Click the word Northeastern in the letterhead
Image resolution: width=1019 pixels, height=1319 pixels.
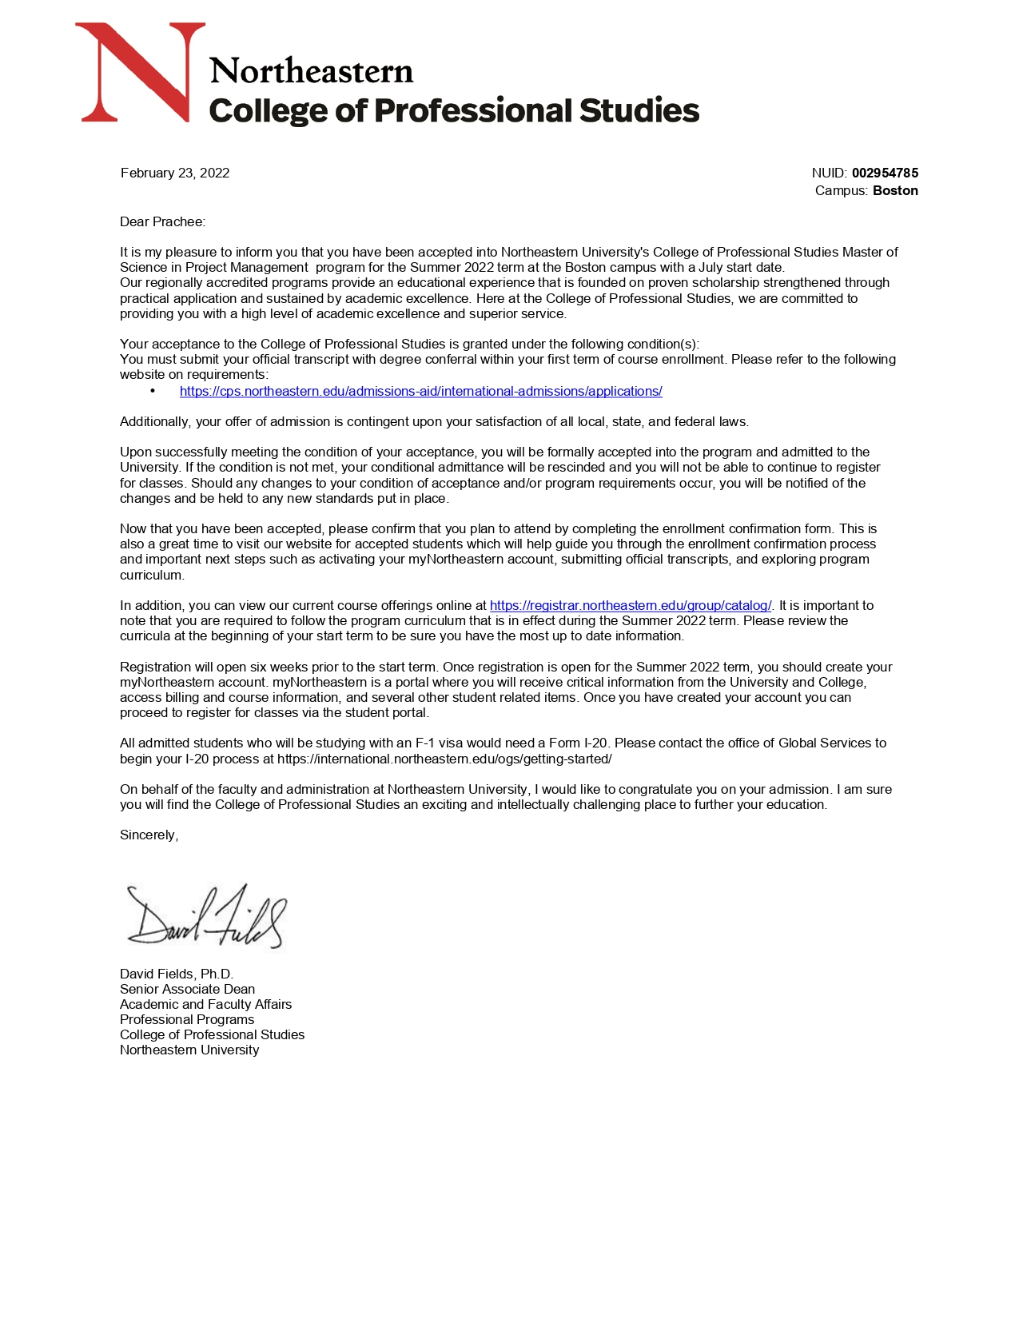coord(311,71)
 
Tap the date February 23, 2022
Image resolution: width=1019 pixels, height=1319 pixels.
coord(175,173)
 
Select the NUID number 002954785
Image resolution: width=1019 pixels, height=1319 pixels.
coord(885,173)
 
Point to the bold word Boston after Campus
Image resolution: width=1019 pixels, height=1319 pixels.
coord(895,190)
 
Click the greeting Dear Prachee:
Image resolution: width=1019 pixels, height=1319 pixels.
coord(162,221)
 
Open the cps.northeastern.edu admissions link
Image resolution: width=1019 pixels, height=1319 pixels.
coord(420,391)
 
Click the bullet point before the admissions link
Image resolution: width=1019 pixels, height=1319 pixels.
coord(153,391)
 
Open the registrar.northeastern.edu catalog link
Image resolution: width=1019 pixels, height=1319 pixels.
coord(631,605)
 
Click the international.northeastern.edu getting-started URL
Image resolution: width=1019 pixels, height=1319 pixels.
coord(444,759)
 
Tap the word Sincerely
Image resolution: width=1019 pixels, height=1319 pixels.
coord(149,835)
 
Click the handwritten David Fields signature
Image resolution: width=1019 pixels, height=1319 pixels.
coord(205,916)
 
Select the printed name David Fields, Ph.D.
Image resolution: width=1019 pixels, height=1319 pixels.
coord(177,974)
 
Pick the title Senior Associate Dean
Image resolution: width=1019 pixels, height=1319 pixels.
coord(187,989)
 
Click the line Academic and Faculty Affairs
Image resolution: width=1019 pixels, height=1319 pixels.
coord(205,1004)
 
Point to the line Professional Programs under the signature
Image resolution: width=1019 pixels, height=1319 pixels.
coord(187,1019)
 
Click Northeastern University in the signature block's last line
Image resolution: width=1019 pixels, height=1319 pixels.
coord(189,1050)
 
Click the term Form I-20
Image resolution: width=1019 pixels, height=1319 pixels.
coord(578,743)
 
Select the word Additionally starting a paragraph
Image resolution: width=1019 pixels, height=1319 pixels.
coord(156,421)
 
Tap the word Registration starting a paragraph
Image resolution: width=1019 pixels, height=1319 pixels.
coord(156,667)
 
